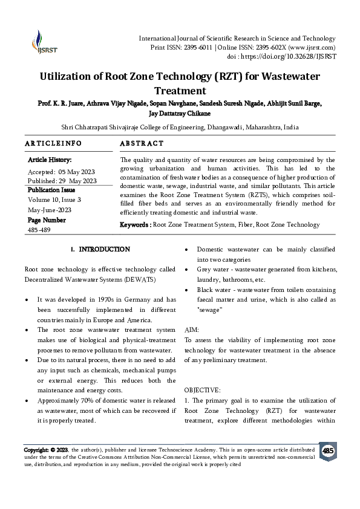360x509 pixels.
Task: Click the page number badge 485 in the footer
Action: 328,451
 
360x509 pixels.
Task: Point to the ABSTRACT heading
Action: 142,143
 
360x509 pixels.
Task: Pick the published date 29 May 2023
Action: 79,180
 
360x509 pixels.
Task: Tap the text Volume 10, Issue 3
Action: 54,199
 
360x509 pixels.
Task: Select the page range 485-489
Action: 41,230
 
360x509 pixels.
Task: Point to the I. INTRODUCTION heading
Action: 100,249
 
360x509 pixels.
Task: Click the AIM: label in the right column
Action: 192,330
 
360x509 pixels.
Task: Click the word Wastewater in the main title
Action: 281,77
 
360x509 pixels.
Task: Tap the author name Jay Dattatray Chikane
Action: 180,112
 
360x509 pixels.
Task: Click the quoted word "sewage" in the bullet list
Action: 210,309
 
